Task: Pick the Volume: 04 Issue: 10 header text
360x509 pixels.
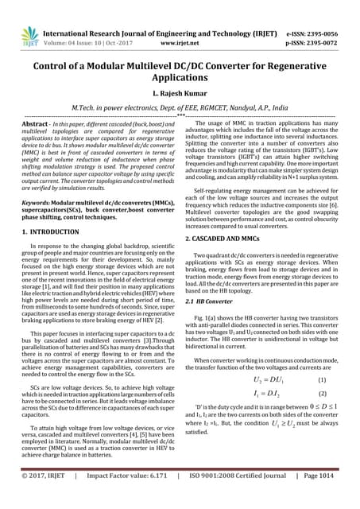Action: pos(78,25)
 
